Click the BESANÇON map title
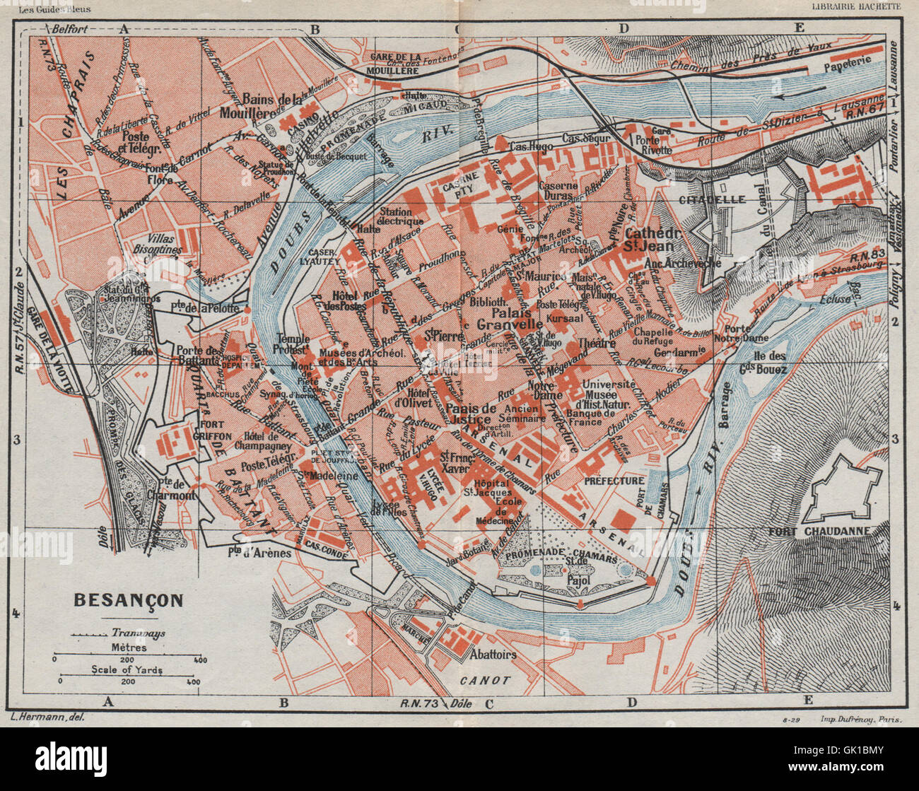point(128,601)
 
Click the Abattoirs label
point(493,654)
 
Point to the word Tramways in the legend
point(138,633)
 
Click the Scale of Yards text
point(127,669)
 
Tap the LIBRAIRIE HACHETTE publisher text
point(855,6)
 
